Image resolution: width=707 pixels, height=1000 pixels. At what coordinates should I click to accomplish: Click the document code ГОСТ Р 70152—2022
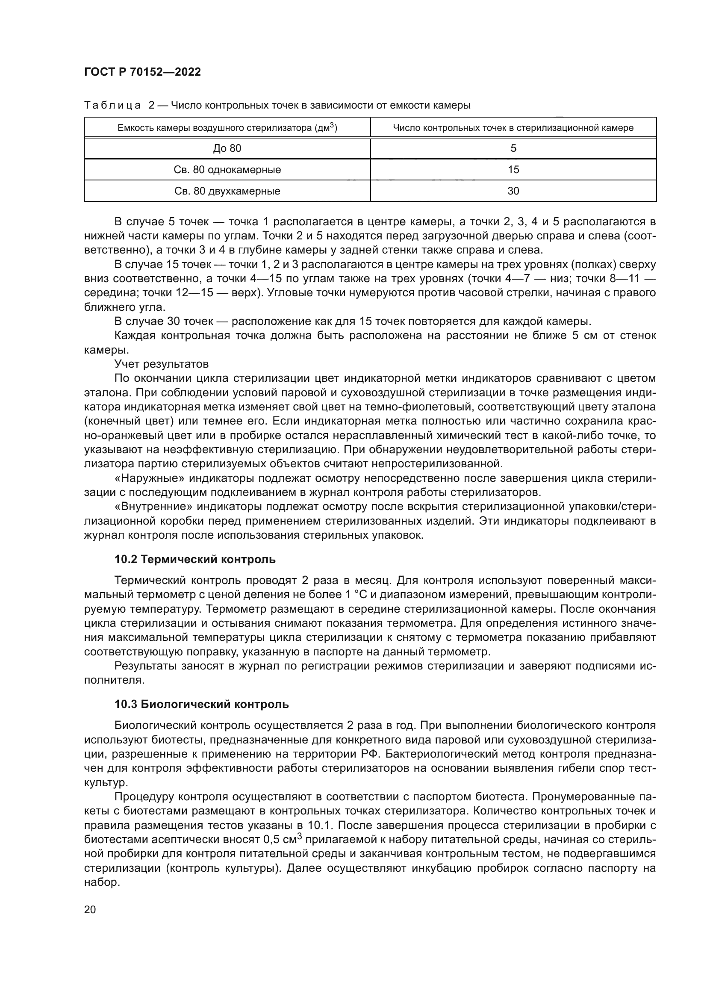tap(142, 72)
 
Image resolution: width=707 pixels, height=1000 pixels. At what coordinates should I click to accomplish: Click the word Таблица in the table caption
tap(112, 106)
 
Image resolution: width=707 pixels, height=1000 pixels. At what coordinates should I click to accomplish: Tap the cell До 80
tap(227, 148)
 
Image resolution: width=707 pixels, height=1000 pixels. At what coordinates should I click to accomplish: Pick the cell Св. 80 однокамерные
tap(227, 170)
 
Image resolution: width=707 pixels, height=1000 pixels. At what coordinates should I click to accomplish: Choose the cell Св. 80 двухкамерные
tap(227, 191)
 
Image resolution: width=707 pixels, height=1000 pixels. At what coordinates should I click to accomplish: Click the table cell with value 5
tap(513, 148)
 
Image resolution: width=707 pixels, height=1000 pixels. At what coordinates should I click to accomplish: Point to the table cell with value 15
tap(513, 170)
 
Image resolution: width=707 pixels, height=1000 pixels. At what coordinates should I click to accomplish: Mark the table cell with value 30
tap(513, 191)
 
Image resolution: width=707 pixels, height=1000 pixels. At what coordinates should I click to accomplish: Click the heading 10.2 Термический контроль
tap(194, 559)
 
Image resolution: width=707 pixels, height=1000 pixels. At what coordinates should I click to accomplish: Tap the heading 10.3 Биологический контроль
tap(201, 704)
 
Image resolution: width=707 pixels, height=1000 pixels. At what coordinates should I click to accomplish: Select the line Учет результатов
tap(162, 364)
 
